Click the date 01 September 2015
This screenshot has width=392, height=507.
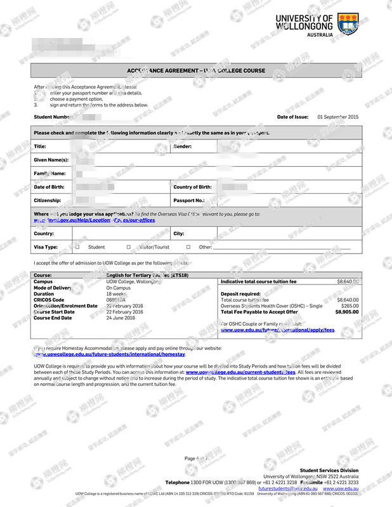(x=337, y=117)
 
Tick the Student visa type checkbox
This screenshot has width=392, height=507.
(x=77, y=247)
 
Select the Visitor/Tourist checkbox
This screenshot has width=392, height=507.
(x=128, y=247)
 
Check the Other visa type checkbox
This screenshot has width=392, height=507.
(x=188, y=247)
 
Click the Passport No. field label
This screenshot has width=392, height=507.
(x=189, y=200)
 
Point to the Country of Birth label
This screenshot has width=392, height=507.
(x=193, y=187)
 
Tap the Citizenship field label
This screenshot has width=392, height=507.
(x=48, y=200)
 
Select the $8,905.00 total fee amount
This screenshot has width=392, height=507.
(x=347, y=312)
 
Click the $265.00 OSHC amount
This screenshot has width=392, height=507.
(x=350, y=306)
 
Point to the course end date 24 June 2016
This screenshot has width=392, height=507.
(x=121, y=318)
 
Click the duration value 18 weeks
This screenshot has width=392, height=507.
(x=115, y=294)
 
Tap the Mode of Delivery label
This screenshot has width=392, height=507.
(x=53, y=288)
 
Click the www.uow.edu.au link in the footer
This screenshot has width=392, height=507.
(x=340, y=489)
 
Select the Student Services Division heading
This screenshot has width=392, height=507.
(x=329, y=471)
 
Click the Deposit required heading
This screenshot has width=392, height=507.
(x=240, y=294)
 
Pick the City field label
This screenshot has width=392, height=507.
(x=179, y=234)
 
